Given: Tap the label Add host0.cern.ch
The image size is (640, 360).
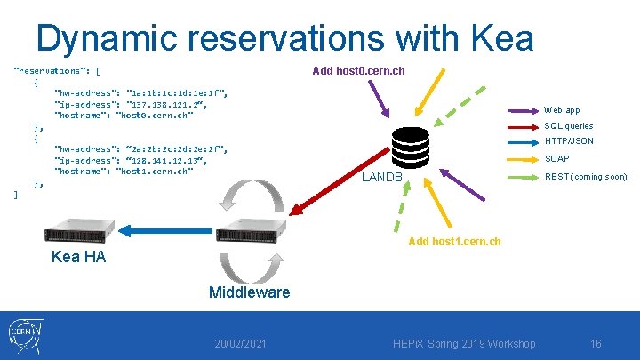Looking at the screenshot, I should (x=359, y=70).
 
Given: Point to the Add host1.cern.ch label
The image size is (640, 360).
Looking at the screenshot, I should (x=454, y=241).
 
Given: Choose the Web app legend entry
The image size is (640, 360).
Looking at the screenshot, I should (x=562, y=110).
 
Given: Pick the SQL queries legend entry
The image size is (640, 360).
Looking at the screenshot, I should (x=568, y=126).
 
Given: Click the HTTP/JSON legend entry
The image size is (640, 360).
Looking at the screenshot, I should (x=569, y=142).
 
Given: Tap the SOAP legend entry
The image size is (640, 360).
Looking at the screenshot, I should (x=557, y=159).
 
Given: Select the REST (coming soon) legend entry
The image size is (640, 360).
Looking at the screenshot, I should (x=585, y=176).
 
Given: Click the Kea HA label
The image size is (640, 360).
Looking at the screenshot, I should (x=78, y=257).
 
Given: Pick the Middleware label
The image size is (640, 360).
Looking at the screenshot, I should (x=249, y=292).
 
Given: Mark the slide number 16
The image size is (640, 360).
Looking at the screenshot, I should (x=596, y=344).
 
